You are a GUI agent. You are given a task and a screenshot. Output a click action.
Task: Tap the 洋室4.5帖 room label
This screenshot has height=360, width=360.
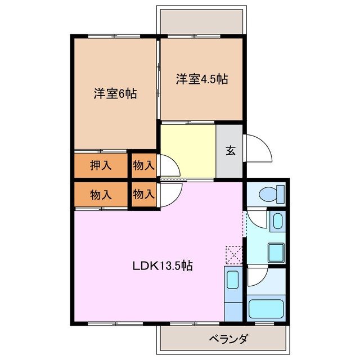coord(201,79)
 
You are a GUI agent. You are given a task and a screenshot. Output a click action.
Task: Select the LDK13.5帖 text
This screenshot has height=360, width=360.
coord(163,265)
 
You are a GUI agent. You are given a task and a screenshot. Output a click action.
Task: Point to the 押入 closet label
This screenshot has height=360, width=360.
coord(101,165)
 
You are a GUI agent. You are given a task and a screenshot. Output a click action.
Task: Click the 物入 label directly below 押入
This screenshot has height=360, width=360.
coord(101,195)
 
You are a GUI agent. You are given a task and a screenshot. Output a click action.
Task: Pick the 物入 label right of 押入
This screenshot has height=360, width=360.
coord(143,165)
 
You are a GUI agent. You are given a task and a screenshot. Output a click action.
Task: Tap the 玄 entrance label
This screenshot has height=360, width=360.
coord(231,151)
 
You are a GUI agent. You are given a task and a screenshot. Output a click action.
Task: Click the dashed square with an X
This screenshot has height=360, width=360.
coord(233,255)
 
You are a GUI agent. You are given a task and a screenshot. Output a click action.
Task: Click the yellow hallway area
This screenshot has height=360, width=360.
coord(188,151)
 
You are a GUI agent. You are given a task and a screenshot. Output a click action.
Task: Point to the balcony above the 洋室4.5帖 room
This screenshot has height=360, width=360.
coord(201,21)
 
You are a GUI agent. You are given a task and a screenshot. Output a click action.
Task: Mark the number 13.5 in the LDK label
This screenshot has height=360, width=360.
coord(172,265)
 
